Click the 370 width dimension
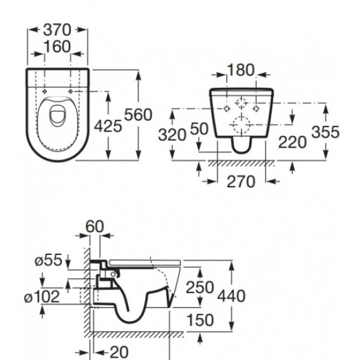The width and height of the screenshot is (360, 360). point(57,30)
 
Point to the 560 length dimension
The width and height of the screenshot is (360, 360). point(138,115)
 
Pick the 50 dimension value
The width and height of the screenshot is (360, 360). point(199,130)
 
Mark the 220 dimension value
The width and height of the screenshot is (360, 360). point(293,142)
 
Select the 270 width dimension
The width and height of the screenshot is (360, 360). point(240,182)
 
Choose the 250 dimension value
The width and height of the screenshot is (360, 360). point(200,287)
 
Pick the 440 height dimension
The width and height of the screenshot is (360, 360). point(231,296)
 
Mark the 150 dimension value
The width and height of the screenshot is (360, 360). point(200,320)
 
